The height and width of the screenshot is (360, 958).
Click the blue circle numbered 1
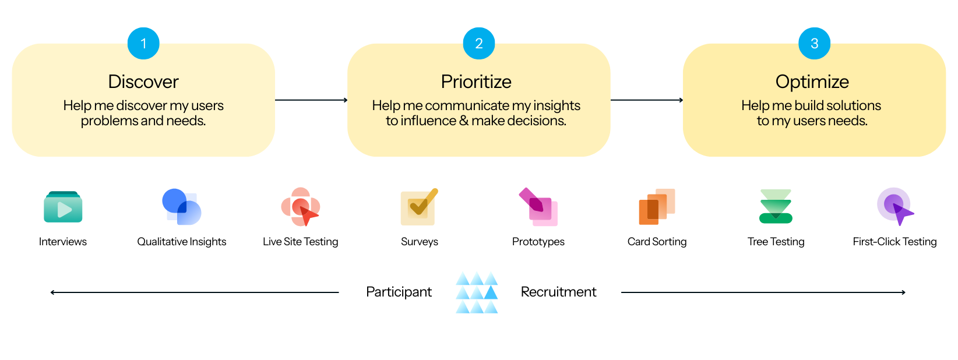pyautogui.click(x=143, y=44)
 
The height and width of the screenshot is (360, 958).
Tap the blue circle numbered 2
pyautogui.click(x=479, y=44)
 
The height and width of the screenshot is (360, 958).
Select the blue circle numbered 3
pyautogui.click(x=814, y=44)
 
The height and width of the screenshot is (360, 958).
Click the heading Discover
pyautogui.click(x=143, y=82)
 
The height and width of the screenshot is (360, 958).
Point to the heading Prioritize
pyautogui.click(x=476, y=82)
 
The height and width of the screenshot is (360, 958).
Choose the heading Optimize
pyautogui.click(x=812, y=82)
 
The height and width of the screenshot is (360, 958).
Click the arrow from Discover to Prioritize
pyautogui.click(x=311, y=100)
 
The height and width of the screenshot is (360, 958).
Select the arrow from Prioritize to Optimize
pyautogui.click(x=647, y=100)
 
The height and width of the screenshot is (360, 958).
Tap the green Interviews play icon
pyautogui.click(x=63, y=207)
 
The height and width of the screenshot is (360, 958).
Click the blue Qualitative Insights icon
pyautogui.click(x=182, y=207)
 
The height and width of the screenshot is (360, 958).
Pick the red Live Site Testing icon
pyautogui.click(x=301, y=207)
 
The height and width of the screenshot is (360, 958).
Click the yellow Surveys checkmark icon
pyautogui.click(x=419, y=207)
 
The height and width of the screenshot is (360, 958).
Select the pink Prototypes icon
pyautogui.click(x=538, y=207)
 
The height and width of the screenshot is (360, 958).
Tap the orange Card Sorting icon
pyautogui.click(x=657, y=207)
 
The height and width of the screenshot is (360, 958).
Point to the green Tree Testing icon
pyautogui.click(x=776, y=207)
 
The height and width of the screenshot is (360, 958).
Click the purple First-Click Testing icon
pyautogui.click(x=895, y=207)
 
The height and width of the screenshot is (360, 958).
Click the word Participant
pyautogui.click(x=399, y=292)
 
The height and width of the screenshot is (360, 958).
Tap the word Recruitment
pyautogui.click(x=558, y=292)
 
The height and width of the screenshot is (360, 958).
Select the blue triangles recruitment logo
pyautogui.click(x=477, y=292)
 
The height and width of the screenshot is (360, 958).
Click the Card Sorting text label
pyautogui.click(x=657, y=242)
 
